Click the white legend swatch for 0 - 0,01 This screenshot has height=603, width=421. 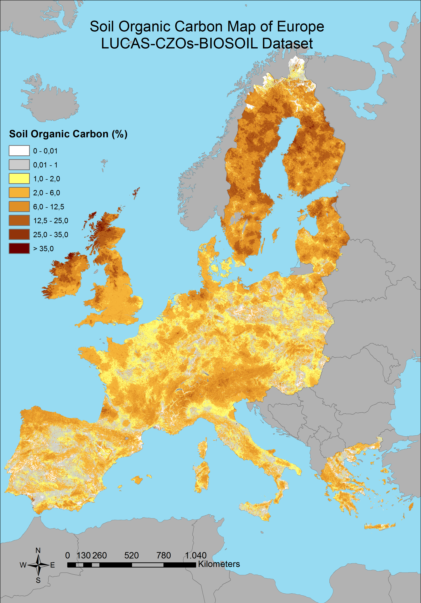pyautogui.click(x=19, y=151)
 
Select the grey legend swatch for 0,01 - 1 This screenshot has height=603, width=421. pyautogui.click(x=19, y=165)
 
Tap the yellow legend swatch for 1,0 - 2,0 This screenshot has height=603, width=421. pyautogui.click(x=19, y=179)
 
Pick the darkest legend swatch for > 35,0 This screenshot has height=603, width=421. pyautogui.click(x=19, y=248)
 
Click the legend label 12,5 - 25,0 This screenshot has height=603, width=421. pyautogui.click(x=50, y=221)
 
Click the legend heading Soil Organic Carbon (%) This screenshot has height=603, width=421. pyautogui.click(x=68, y=134)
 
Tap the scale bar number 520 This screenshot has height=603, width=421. pyautogui.click(x=131, y=555)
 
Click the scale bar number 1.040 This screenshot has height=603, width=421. pyautogui.click(x=196, y=555)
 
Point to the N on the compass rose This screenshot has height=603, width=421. pyautogui.click(x=38, y=550)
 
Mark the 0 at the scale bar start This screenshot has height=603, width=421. pyautogui.click(x=68, y=555)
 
